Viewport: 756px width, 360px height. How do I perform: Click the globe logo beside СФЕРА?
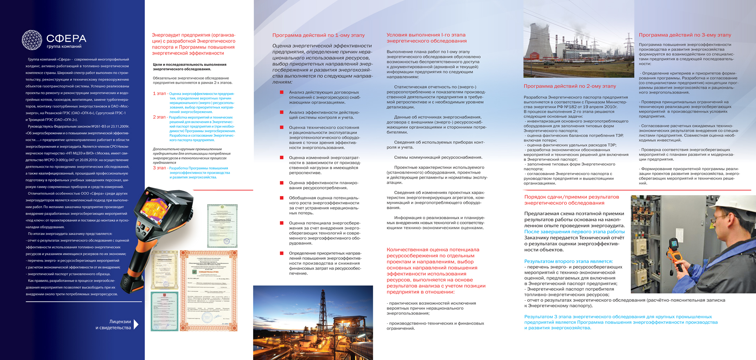coord(32,40)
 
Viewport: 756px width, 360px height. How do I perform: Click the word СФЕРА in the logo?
coord(66,38)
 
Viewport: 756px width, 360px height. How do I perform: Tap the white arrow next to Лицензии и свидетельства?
coord(136,324)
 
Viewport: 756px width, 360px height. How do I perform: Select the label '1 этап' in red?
coord(159,94)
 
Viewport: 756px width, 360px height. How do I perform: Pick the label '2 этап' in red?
coord(159,117)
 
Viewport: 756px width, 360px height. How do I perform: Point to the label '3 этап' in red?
coord(159,168)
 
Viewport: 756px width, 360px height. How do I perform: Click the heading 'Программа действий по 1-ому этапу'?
coord(318,35)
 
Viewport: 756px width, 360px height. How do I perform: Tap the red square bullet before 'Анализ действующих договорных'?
coord(281,92)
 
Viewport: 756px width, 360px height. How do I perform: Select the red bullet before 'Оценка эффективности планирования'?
coord(281,183)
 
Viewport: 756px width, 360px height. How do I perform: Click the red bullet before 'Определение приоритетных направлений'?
coord(281,253)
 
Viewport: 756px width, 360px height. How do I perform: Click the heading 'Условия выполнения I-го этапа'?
coord(426,35)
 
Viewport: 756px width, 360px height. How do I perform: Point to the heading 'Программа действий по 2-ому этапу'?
coord(570,86)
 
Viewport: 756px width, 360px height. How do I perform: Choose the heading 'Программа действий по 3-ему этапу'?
coord(685,35)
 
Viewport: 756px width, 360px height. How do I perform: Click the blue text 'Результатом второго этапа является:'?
coord(568,261)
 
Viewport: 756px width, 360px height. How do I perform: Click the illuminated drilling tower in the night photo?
coord(323,309)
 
